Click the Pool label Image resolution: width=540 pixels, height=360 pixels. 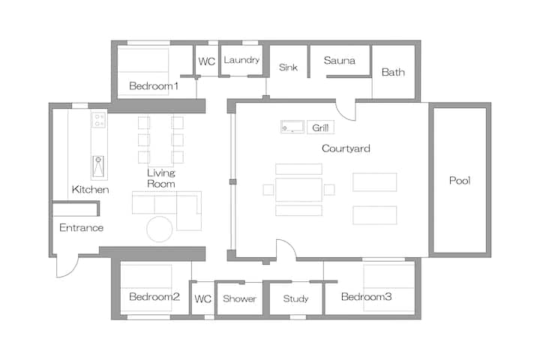coord(460,180)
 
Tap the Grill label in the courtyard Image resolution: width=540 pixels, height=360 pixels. coord(320,127)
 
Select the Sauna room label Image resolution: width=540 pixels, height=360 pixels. coord(339,61)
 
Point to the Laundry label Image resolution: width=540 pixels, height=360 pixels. coord(241,60)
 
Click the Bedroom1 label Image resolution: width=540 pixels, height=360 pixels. coord(154,85)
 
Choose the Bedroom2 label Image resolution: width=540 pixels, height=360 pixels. coord(154,296)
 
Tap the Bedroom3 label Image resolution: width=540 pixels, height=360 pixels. coord(367,296)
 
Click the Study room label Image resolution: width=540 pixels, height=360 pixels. coord(295,298)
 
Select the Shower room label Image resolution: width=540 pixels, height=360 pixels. coord(239,298)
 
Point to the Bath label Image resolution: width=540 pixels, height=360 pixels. coord(393,72)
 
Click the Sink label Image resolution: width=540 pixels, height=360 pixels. coord(288,67)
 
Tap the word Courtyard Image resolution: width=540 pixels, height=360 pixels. coord(346,148)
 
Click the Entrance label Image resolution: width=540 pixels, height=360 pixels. coord(81,228)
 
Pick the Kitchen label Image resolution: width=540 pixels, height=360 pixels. coord(90,190)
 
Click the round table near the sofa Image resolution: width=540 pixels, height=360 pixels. coord(160,229)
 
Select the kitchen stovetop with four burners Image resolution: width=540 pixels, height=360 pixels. coord(98,120)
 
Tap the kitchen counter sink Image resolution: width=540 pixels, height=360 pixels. coord(98,166)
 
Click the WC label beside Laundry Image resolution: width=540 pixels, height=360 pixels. coord(207,61)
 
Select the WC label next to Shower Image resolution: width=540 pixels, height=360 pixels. coord(202,298)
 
